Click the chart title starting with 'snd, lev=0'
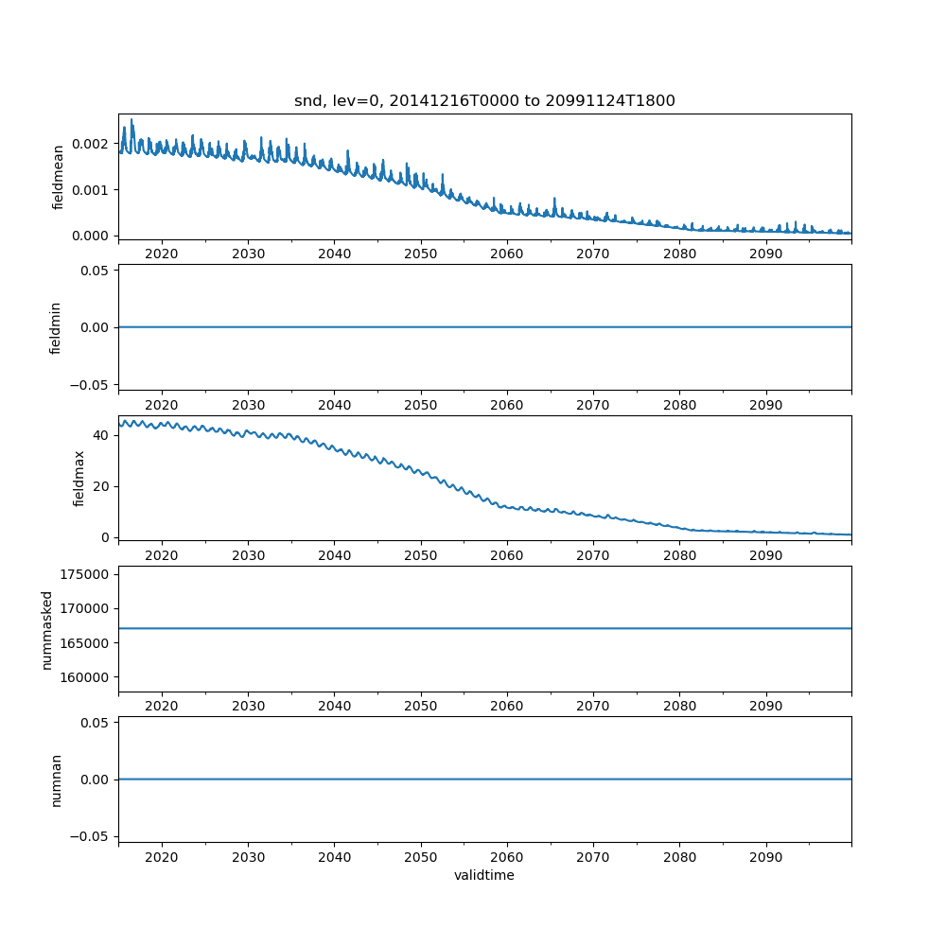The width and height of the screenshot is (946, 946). click(484, 101)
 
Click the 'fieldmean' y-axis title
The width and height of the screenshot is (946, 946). click(58, 177)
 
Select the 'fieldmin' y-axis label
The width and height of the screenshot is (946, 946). click(56, 327)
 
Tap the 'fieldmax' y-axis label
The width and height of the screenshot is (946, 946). click(79, 478)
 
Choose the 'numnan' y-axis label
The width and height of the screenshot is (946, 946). click(56, 780)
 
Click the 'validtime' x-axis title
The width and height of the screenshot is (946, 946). click(484, 876)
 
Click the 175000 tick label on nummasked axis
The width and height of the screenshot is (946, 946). click(88, 574)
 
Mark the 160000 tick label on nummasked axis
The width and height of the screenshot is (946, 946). click(88, 677)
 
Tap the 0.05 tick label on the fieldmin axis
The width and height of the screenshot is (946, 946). click(96, 271)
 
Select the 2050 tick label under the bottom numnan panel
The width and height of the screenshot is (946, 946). click(421, 857)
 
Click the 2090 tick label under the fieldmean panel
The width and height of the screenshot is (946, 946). click(766, 254)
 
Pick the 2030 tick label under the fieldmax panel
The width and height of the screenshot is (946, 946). click(248, 555)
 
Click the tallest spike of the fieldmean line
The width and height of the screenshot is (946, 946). click(131, 120)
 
